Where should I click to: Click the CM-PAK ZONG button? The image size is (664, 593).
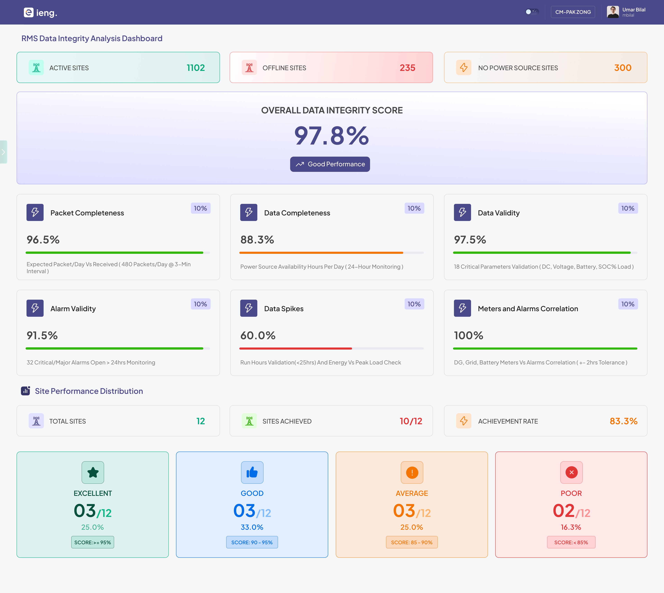(573, 12)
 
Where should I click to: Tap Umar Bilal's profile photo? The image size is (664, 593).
(612, 12)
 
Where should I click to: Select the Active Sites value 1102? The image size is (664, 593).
(196, 68)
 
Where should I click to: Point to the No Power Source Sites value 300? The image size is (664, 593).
(623, 68)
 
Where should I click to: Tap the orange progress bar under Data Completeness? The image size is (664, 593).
(321, 253)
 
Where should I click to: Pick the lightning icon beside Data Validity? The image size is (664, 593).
(462, 212)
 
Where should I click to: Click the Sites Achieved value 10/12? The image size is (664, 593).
(411, 421)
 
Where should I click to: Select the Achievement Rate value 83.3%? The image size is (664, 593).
(623, 421)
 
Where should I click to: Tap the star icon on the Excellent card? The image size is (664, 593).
(93, 472)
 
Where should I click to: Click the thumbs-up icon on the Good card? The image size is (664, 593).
(252, 472)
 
